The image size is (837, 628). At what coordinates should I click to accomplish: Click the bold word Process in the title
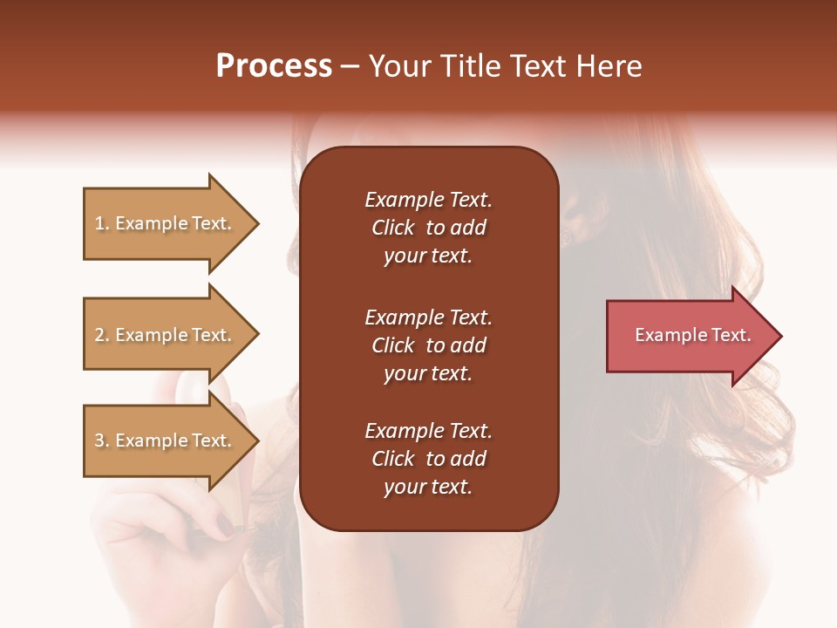coord(274,66)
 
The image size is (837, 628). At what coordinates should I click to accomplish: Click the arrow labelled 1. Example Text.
coord(166,223)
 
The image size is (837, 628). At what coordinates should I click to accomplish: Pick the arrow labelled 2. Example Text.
coord(166,335)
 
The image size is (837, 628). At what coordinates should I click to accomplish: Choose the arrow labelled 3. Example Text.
coord(166,440)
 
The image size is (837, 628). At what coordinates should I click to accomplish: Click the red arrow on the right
coord(689,336)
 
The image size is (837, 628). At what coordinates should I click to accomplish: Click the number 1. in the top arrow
coord(101,223)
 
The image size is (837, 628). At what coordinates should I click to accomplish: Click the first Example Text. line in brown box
coord(428,200)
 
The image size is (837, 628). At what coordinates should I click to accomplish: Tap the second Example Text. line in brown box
coord(428,317)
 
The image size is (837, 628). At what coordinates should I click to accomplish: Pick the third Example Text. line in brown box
coord(428,431)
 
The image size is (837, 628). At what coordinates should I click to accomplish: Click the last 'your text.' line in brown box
coord(428,488)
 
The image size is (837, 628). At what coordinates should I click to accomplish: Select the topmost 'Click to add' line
coord(428,228)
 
